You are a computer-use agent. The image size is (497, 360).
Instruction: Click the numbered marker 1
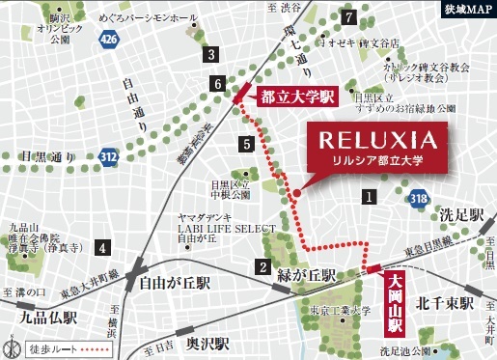pos(368,196)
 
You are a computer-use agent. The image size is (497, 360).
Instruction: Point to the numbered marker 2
pos(262,267)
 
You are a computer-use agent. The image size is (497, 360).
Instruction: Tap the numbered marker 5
pos(247,144)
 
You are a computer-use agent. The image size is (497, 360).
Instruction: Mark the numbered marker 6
pos(219,85)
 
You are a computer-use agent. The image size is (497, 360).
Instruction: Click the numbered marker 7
pos(347,15)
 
